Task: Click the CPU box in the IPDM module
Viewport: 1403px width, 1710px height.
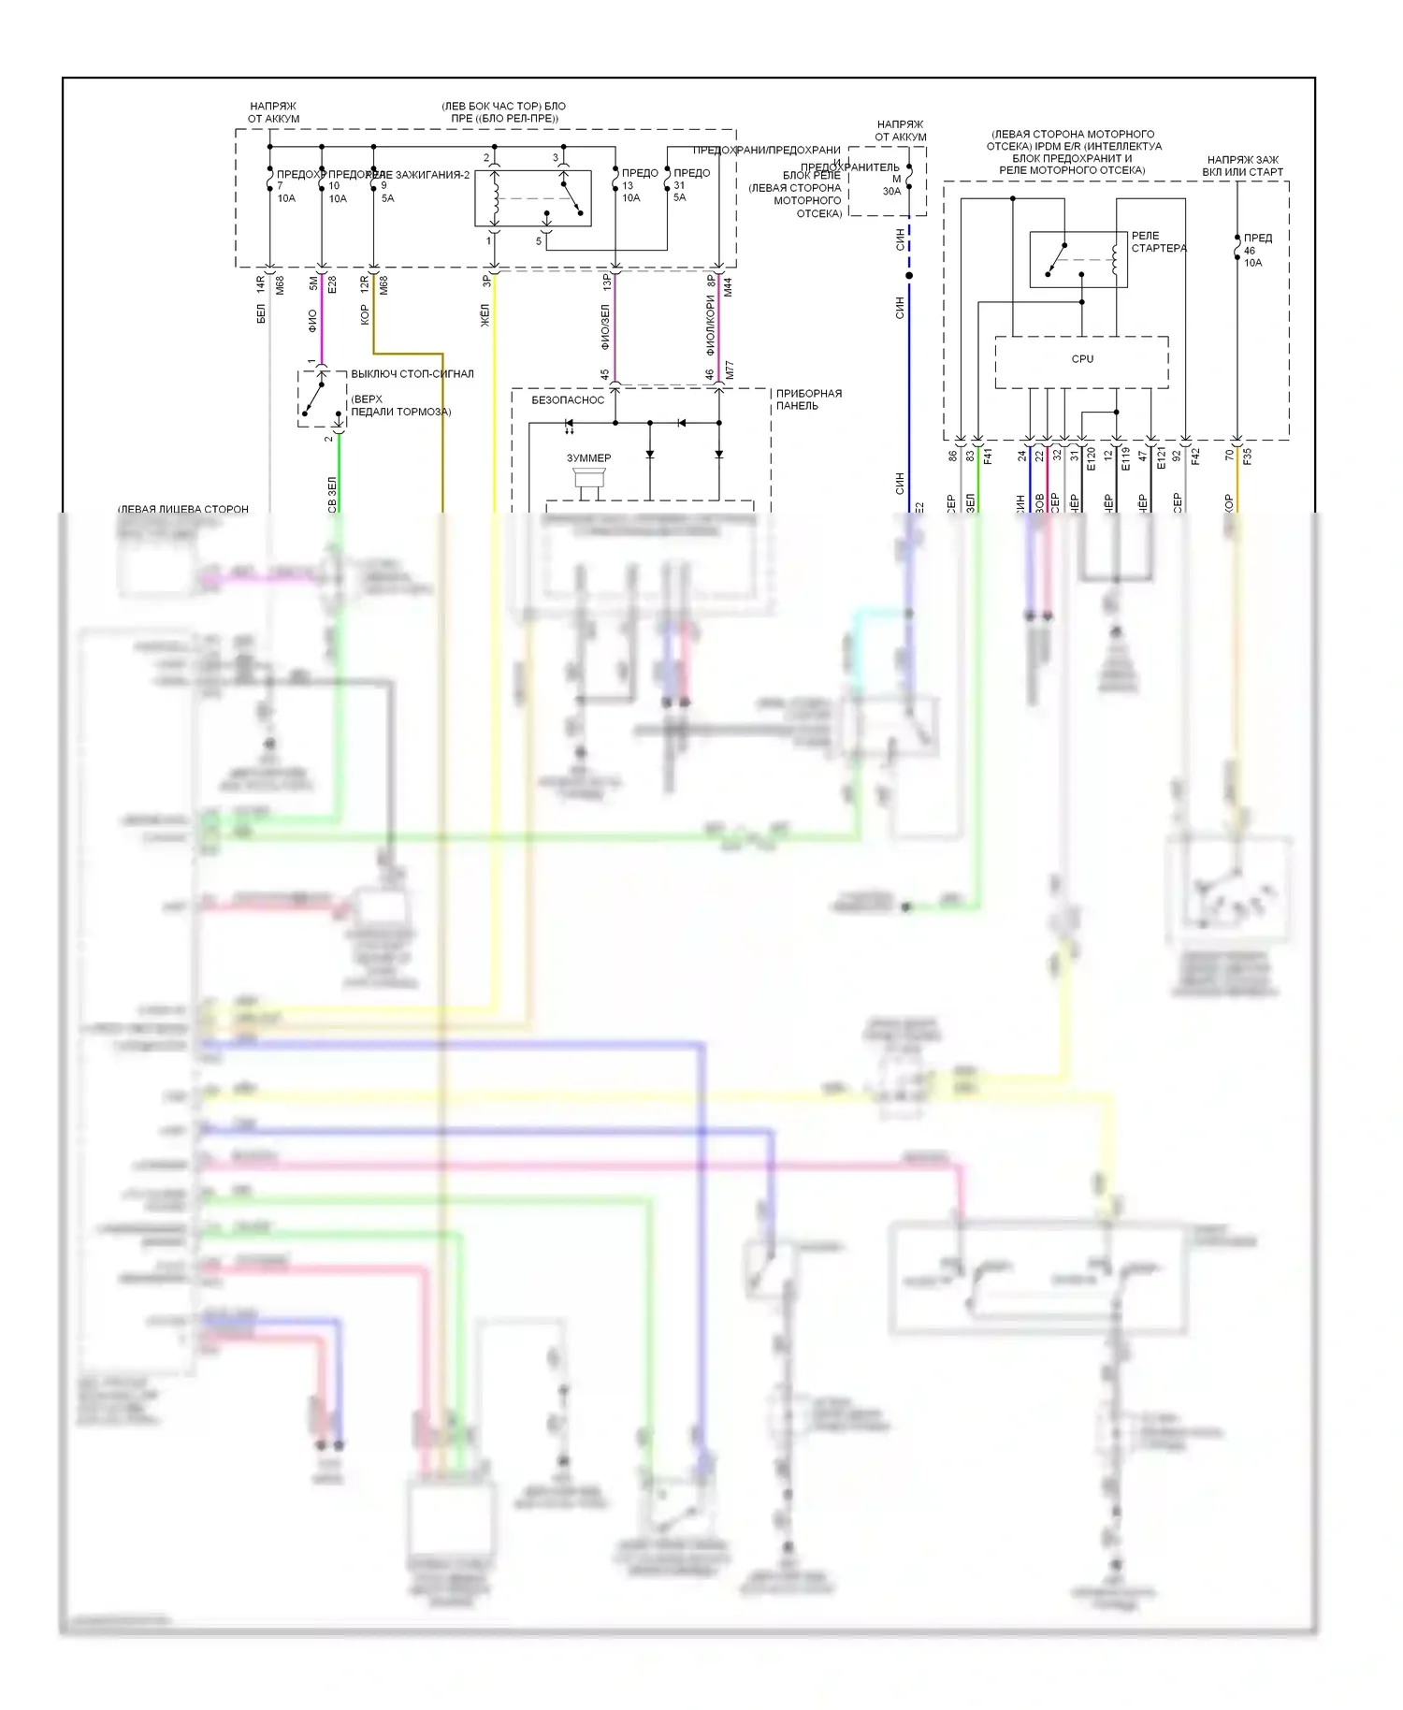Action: (x=1081, y=360)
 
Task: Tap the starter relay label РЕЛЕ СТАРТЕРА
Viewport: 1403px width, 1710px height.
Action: (x=1158, y=242)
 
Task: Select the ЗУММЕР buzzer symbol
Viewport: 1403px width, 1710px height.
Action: (x=588, y=480)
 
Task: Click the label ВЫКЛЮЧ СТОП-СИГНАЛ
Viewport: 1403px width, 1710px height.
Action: (x=412, y=374)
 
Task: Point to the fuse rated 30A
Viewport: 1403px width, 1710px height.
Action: (x=891, y=192)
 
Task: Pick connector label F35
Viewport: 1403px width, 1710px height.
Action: (x=1247, y=456)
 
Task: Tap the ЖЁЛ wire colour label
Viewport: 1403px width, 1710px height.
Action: (x=485, y=315)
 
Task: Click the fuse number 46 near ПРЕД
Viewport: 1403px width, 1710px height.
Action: (x=1249, y=251)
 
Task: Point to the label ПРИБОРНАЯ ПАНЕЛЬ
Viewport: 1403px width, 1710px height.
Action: (x=808, y=399)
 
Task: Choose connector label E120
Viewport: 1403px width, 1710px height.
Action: (x=1091, y=458)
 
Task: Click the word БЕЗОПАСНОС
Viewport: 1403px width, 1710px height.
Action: (x=568, y=400)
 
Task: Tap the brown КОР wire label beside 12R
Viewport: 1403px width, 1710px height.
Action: (x=364, y=314)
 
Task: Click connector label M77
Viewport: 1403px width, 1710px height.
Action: (x=730, y=370)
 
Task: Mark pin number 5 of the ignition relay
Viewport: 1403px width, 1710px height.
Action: (x=539, y=241)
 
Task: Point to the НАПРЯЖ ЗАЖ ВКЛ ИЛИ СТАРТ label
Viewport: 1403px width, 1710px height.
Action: (x=1242, y=166)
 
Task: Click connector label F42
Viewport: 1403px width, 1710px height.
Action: (x=1195, y=456)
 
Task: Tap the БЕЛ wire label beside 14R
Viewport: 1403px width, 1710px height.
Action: (x=261, y=313)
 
